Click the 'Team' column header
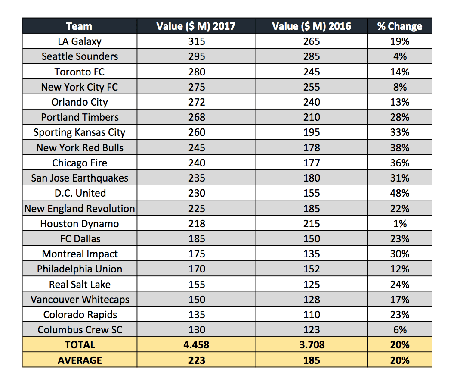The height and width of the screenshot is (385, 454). pos(80,26)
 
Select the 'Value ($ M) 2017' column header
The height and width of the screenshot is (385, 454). pos(196,26)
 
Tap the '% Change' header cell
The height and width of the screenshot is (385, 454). pos(399,26)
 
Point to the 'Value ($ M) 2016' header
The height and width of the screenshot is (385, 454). pos(312,26)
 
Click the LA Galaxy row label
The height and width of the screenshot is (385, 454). pos(80,41)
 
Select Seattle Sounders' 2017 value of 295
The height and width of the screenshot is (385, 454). pos(196,56)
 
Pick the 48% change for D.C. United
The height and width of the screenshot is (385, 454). pos(399,193)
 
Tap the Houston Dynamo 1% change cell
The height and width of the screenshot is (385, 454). pos(399,224)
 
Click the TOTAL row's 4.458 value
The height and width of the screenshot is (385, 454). pos(196,345)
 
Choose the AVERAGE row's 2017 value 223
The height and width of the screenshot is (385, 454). pos(196,360)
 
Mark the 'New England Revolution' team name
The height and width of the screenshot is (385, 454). pos(80,209)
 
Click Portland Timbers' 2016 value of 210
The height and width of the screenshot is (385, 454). pos(312,117)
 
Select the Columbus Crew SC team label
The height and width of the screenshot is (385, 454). pos(80,330)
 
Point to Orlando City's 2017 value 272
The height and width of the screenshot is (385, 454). pos(196,102)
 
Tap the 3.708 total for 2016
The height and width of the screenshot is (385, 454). pos(312,345)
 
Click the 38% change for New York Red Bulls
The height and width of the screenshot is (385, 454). pos(399,148)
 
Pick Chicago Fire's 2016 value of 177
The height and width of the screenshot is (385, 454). pos(312,163)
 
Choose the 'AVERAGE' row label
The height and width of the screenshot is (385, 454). pos(80,360)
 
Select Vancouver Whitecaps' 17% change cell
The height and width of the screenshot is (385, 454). pos(399,300)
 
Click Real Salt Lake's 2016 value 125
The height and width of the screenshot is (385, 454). pos(312,285)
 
